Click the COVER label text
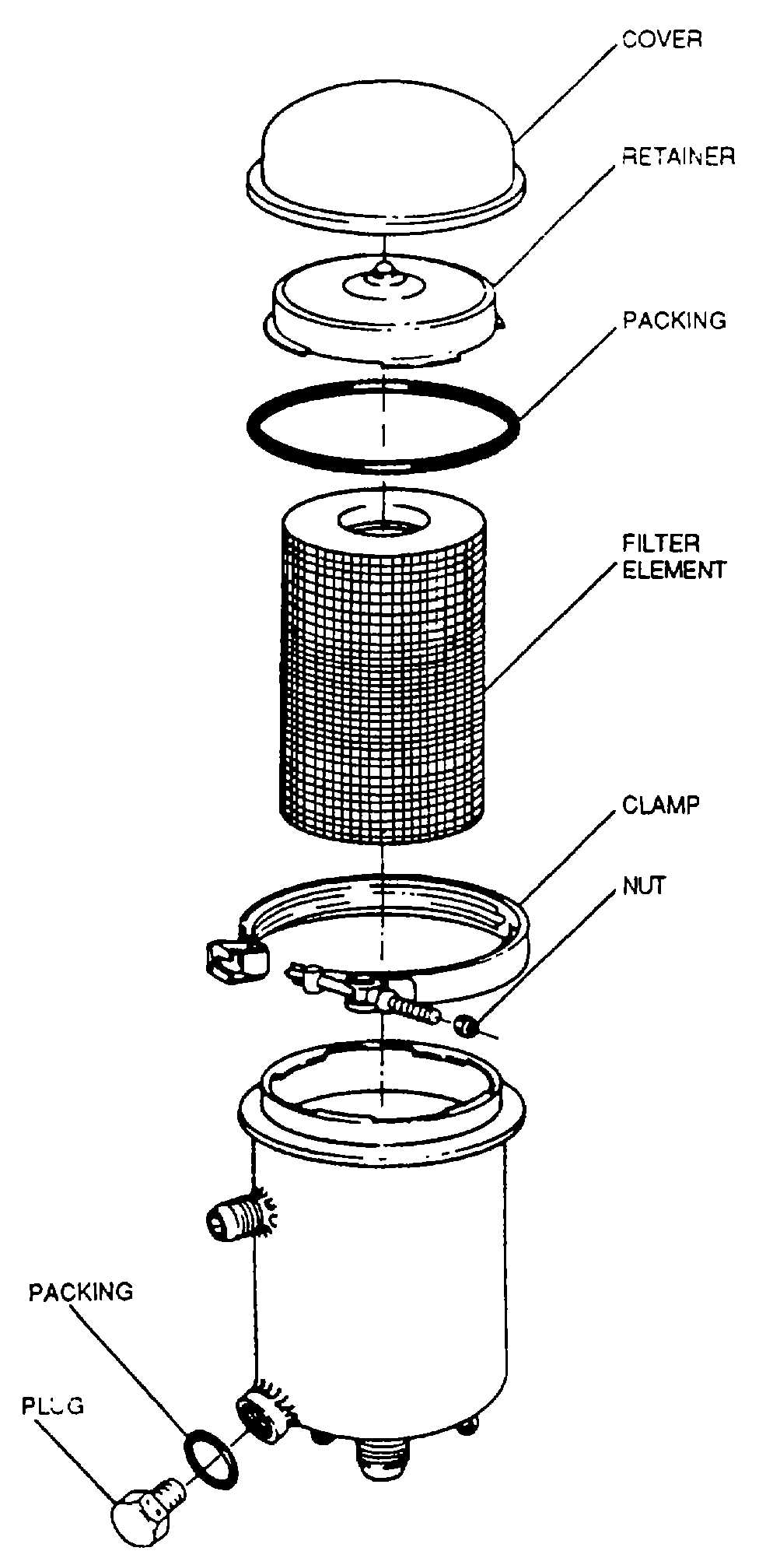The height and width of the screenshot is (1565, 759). pos(662,40)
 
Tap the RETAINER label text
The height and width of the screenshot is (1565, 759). pos(678,156)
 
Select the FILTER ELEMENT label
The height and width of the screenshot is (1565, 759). pos(673,556)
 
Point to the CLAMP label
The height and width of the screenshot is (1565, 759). pos(660,805)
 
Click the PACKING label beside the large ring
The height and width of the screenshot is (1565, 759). pos(674,320)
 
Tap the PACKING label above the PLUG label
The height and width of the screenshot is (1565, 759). pos(81,1292)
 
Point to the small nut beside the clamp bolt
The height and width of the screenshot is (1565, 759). pos(466,1025)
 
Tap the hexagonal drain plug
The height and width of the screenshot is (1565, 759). pos(140,1514)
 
